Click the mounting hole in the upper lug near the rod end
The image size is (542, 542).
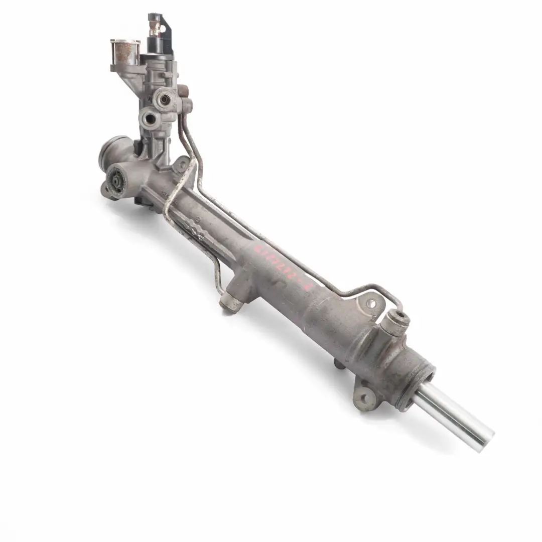(x=372, y=303)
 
